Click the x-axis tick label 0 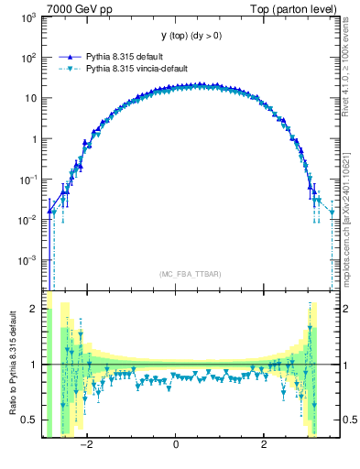coord(176,446)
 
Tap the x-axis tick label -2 coord(86,446)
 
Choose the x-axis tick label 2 coord(264,446)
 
